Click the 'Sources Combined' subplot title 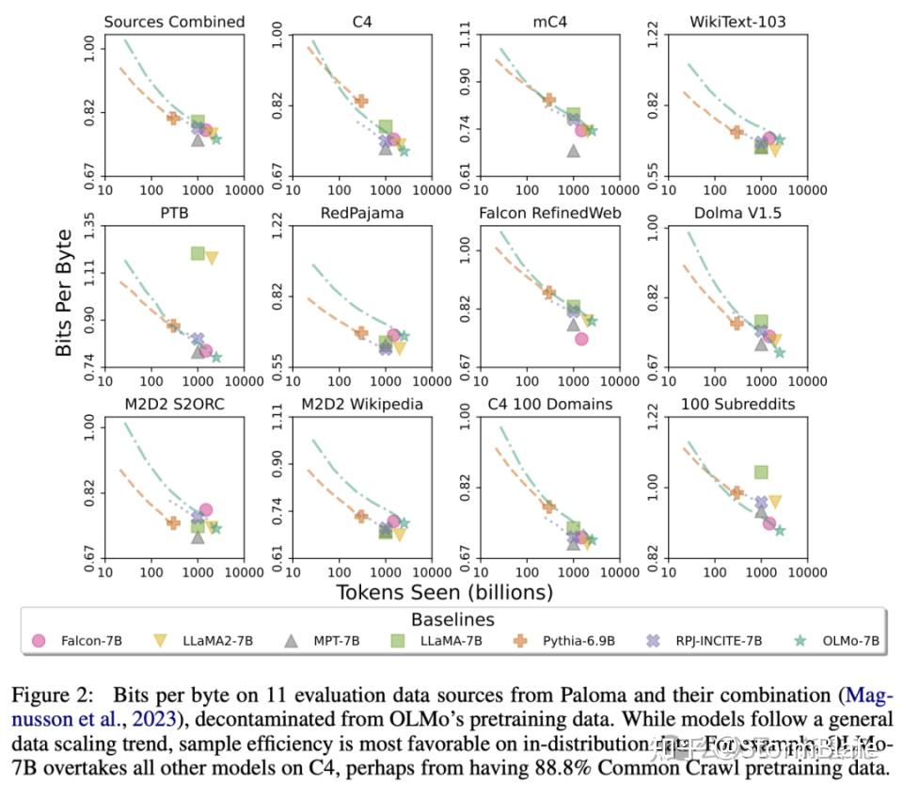pyautogui.click(x=174, y=21)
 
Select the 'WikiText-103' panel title pyautogui.click(x=737, y=21)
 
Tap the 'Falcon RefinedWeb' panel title pyautogui.click(x=550, y=213)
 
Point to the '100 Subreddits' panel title pyautogui.click(x=737, y=405)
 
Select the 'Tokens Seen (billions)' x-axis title pyautogui.click(x=444, y=592)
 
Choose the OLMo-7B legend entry pyautogui.click(x=837, y=641)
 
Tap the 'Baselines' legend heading pyautogui.click(x=452, y=619)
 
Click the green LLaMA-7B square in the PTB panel pyautogui.click(x=198, y=253)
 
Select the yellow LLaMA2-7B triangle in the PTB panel pyautogui.click(x=212, y=257)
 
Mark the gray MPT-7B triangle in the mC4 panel pyautogui.click(x=573, y=150)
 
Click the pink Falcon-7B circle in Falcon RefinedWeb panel pyautogui.click(x=581, y=339)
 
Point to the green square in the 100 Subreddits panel pyautogui.click(x=761, y=472)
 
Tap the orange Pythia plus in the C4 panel pyautogui.click(x=360, y=101)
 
